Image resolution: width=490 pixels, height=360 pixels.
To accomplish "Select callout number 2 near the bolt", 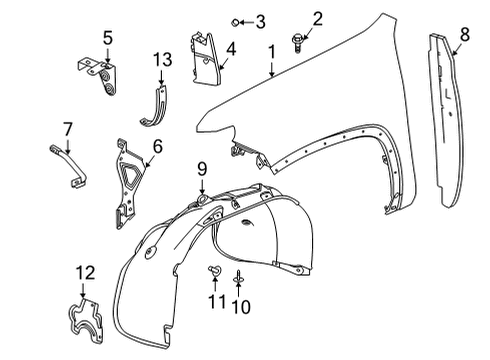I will [290, 17].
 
